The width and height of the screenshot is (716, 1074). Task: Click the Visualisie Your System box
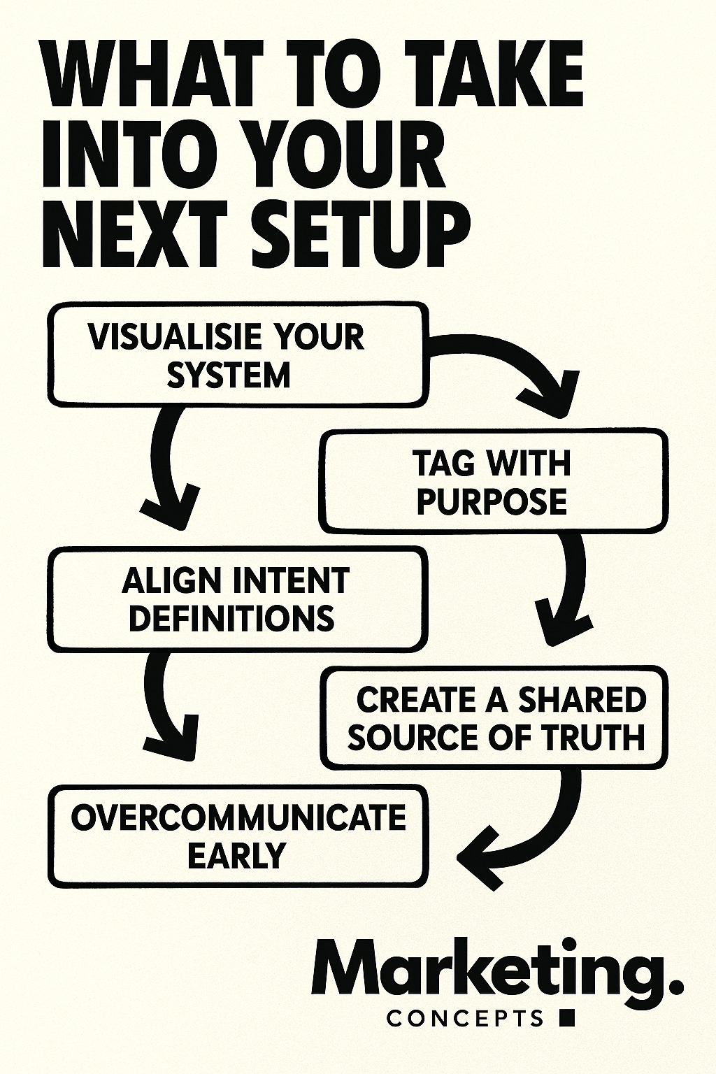click(x=236, y=355)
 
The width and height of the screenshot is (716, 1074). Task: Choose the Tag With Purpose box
click(x=493, y=482)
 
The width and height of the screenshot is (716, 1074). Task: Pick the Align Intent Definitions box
click(x=236, y=599)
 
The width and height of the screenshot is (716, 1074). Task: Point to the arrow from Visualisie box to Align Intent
click(x=168, y=468)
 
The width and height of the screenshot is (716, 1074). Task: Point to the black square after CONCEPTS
click(x=568, y=1017)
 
